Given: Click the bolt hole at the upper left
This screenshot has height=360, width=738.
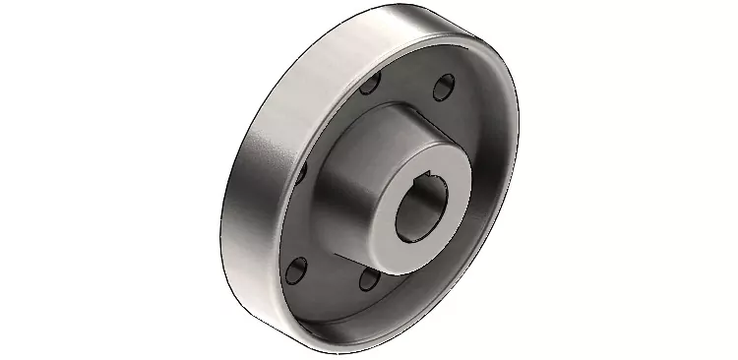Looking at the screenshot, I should (x=372, y=87).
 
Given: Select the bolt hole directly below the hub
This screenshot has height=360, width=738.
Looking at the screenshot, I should (x=368, y=279).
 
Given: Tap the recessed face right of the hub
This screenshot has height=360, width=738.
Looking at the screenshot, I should (x=482, y=197).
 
